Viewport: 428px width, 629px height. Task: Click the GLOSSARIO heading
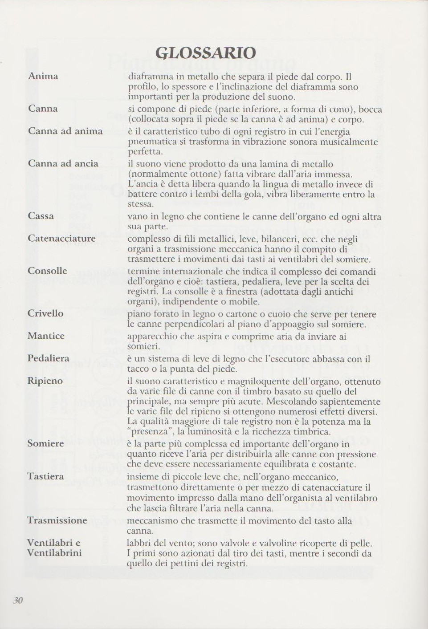pyautogui.click(x=205, y=53)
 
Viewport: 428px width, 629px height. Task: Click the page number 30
pyautogui.click(x=18, y=600)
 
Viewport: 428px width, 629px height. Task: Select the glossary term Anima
pyautogui.click(x=43, y=76)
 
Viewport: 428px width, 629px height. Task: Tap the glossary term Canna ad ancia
pyautogui.click(x=63, y=163)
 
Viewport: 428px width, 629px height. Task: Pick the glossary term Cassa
pyautogui.click(x=41, y=216)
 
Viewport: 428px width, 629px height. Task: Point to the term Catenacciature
pyautogui.click(x=61, y=238)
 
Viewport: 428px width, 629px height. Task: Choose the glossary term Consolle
pyautogui.click(x=47, y=271)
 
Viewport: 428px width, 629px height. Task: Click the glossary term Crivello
pyautogui.click(x=45, y=313)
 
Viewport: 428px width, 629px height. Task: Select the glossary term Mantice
pyautogui.click(x=46, y=336)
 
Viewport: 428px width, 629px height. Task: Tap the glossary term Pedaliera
pyautogui.click(x=48, y=358)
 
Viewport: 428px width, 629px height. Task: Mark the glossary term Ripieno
pyautogui.click(x=45, y=381)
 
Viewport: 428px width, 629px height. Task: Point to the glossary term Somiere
pyautogui.click(x=45, y=443)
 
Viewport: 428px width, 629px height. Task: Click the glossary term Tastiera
pyautogui.click(x=45, y=476)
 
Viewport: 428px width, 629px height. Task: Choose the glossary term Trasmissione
pyautogui.click(x=57, y=520)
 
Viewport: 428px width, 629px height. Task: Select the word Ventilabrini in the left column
pyautogui.click(x=54, y=553)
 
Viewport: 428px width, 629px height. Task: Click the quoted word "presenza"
pyautogui.click(x=149, y=431)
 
